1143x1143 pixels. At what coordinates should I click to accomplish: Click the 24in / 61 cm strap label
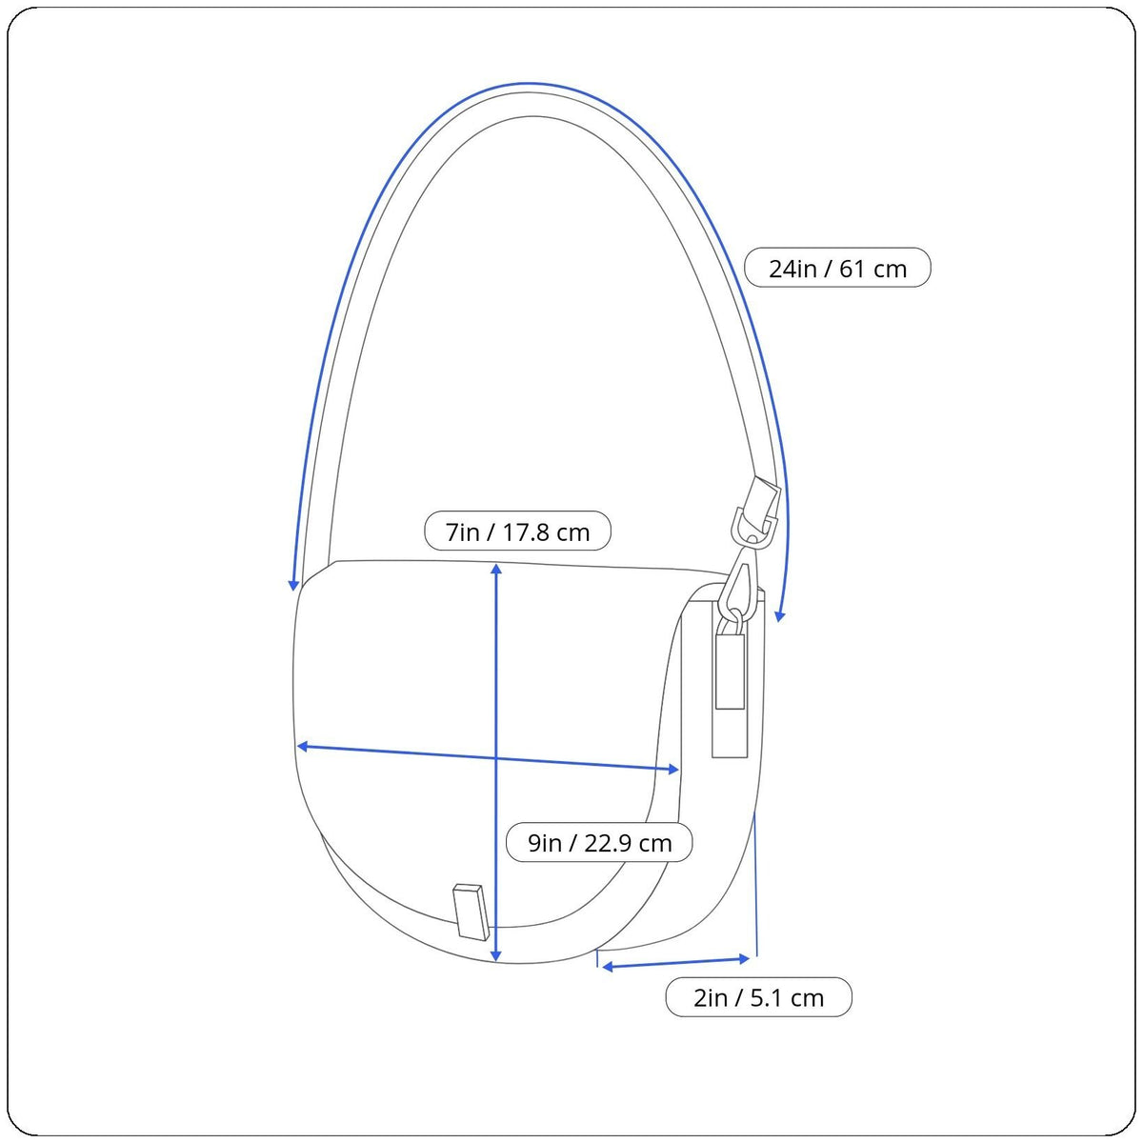tap(837, 268)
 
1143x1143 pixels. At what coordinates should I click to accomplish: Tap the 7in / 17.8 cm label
tap(517, 531)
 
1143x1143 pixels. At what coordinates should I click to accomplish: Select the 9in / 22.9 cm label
tap(599, 842)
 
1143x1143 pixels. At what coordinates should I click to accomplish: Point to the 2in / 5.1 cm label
tap(758, 997)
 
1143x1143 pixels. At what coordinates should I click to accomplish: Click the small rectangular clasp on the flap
tap(471, 912)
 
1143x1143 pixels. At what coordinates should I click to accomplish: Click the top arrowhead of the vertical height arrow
tap(496, 569)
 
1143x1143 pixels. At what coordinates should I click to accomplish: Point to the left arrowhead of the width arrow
tap(302, 746)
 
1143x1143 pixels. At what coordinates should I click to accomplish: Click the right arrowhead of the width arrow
tap(673, 770)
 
